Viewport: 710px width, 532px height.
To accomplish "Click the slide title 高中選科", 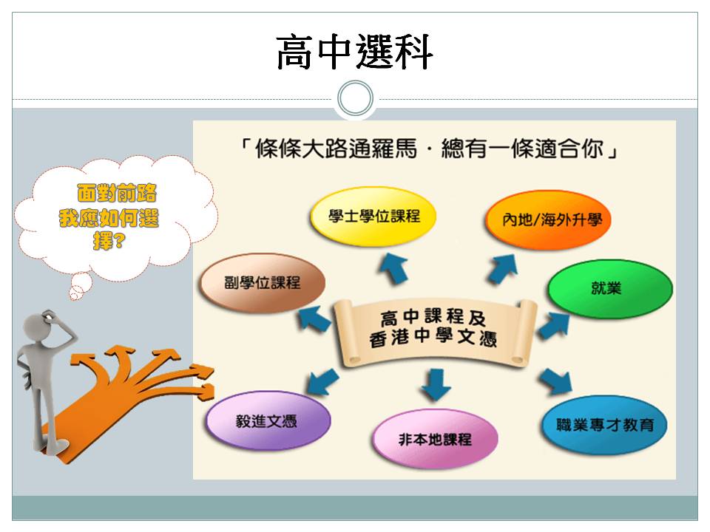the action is pos(354,52).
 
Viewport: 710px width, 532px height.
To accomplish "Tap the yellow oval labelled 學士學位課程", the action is pos(373,216).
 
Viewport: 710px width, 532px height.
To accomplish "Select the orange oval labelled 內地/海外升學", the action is pos(549,220).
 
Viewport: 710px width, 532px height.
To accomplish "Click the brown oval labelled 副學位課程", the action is pos(262,283).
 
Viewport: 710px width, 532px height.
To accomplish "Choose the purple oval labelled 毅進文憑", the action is pos(268,420).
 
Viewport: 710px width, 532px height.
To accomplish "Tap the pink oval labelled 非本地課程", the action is pos(435,439).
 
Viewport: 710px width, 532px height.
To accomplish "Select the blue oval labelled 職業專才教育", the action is pos(604,424).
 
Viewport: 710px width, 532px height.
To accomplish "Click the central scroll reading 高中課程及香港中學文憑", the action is pos(435,332).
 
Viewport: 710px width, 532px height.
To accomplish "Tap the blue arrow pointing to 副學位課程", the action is pos(314,318).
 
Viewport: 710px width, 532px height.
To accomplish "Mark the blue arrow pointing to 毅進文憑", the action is pos(322,381).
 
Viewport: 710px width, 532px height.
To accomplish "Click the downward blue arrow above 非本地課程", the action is pos(436,384).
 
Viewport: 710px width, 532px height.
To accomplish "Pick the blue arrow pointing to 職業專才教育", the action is pos(555,381).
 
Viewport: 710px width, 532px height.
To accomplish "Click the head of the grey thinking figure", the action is pos(36,327).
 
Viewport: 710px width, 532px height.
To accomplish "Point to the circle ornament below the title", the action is pos(356,98).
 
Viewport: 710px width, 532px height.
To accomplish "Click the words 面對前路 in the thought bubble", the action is pos(117,193).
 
